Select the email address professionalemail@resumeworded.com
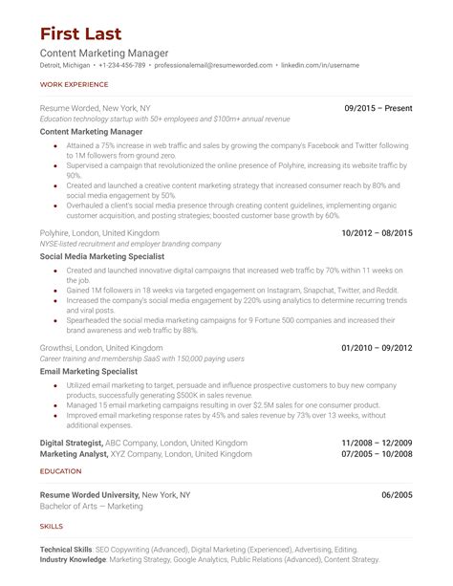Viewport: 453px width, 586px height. (211, 65)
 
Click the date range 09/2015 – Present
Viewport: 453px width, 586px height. (378, 109)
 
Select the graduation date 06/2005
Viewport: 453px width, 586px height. (397, 495)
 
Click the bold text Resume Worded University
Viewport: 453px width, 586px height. (90, 495)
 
